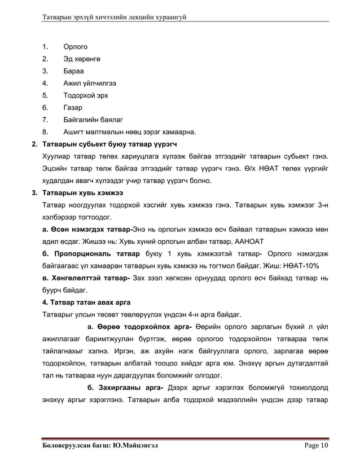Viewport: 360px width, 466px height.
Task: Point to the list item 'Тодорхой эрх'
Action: (86, 95)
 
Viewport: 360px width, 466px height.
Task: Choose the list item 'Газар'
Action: (73, 108)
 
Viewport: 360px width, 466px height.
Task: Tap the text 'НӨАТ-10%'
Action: (304, 266)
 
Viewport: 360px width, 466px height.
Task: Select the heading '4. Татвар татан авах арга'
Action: (86, 302)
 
